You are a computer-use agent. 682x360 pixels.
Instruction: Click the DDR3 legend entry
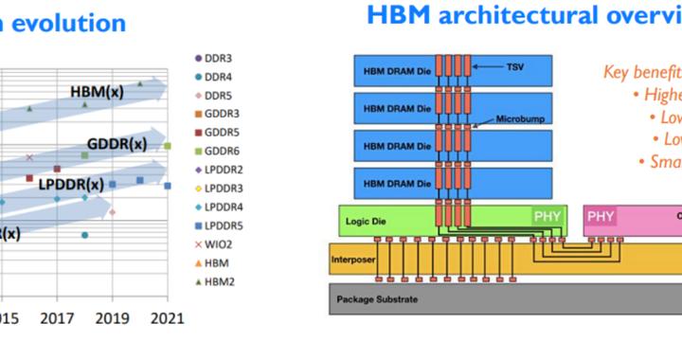pos(217,60)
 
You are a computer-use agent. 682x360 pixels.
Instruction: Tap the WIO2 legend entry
pos(217,243)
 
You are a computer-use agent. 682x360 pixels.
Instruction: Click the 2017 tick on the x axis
pos(57,318)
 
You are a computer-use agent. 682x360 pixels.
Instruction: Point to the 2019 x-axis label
pos(112,318)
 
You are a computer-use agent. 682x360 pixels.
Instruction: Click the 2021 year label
pos(167,318)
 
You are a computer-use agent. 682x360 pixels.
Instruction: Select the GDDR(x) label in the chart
pos(117,144)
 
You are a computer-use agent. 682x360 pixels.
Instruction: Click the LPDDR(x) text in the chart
pos(71,184)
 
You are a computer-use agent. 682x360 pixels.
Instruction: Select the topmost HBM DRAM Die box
pos(397,69)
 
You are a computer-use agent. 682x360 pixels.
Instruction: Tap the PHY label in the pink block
pos(601,217)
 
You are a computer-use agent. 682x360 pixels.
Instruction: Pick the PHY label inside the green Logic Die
pos(547,217)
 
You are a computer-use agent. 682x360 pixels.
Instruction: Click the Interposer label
pos(352,258)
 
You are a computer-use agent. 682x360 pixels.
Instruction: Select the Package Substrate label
pos(377,299)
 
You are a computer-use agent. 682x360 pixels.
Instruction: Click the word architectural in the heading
pos(526,15)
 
